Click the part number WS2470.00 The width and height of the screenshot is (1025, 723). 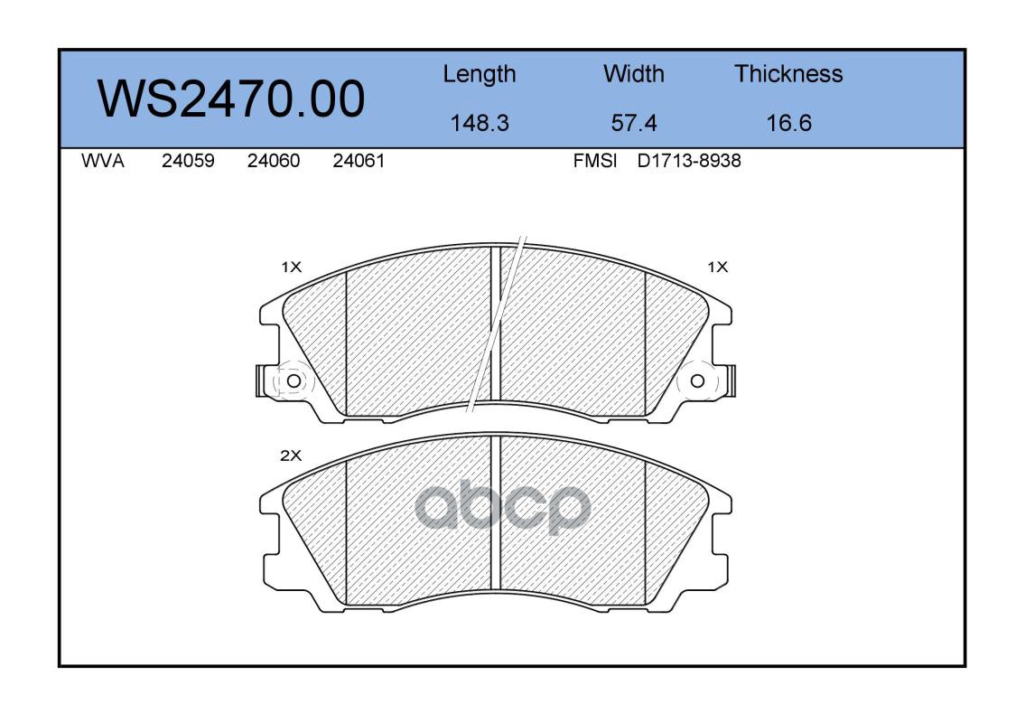click(231, 99)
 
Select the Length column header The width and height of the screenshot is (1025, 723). click(480, 75)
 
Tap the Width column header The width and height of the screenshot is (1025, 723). click(633, 74)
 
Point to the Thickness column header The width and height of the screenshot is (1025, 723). click(788, 74)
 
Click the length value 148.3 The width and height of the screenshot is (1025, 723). click(480, 123)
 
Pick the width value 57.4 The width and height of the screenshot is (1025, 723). click(633, 123)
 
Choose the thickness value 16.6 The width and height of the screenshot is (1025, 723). click(788, 123)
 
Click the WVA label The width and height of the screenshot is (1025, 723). click(103, 161)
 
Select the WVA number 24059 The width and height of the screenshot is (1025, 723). click(188, 161)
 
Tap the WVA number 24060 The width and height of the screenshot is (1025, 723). click(274, 161)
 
